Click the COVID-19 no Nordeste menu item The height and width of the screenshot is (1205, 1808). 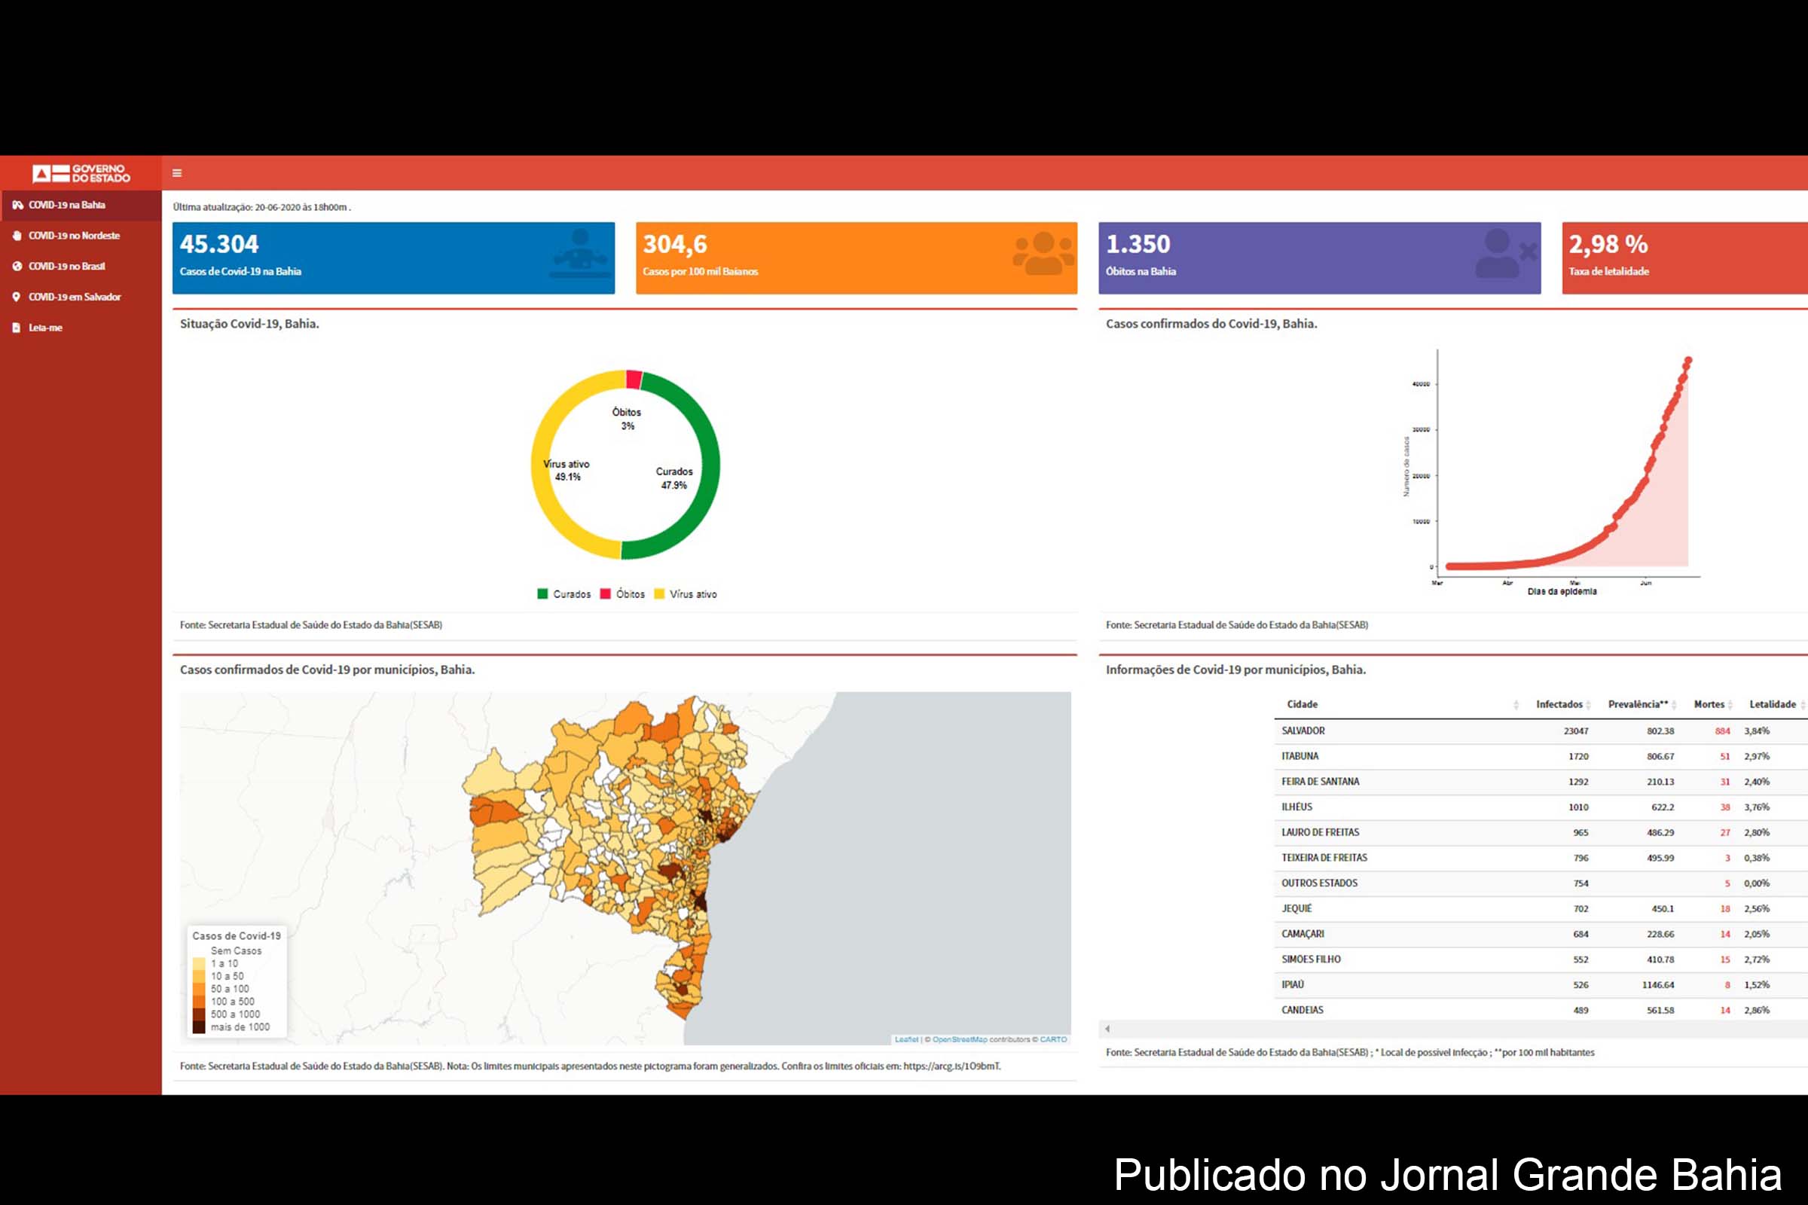(74, 236)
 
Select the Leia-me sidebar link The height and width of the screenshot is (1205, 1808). (45, 328)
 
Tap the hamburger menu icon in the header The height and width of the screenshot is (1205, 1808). (177, 173)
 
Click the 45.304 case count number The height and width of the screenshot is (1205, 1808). (219, 244)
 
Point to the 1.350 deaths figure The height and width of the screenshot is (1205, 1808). (1138, 244)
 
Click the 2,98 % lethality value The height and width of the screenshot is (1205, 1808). (1608, 244)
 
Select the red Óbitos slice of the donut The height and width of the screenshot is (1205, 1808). (634, 379)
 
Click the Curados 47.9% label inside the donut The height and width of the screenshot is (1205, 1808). (674, 478)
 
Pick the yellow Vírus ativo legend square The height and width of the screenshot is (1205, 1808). (658, 593)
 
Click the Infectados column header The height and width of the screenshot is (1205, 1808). (1559, 704)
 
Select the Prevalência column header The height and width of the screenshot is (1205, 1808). (1638, 704)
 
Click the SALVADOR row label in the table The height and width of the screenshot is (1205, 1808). (1303, 731)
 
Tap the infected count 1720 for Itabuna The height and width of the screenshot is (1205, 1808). (1578, 756)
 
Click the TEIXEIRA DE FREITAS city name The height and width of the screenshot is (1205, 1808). (1324, 858)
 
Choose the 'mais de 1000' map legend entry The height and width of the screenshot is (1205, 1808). (240, 1027)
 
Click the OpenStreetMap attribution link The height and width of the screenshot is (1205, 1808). (959, 1039)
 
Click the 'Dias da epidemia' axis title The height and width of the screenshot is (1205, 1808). (1562, 591)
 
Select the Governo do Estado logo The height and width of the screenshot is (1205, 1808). (81, 173)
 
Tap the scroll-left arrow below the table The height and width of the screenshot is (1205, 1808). (1107, 1028)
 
